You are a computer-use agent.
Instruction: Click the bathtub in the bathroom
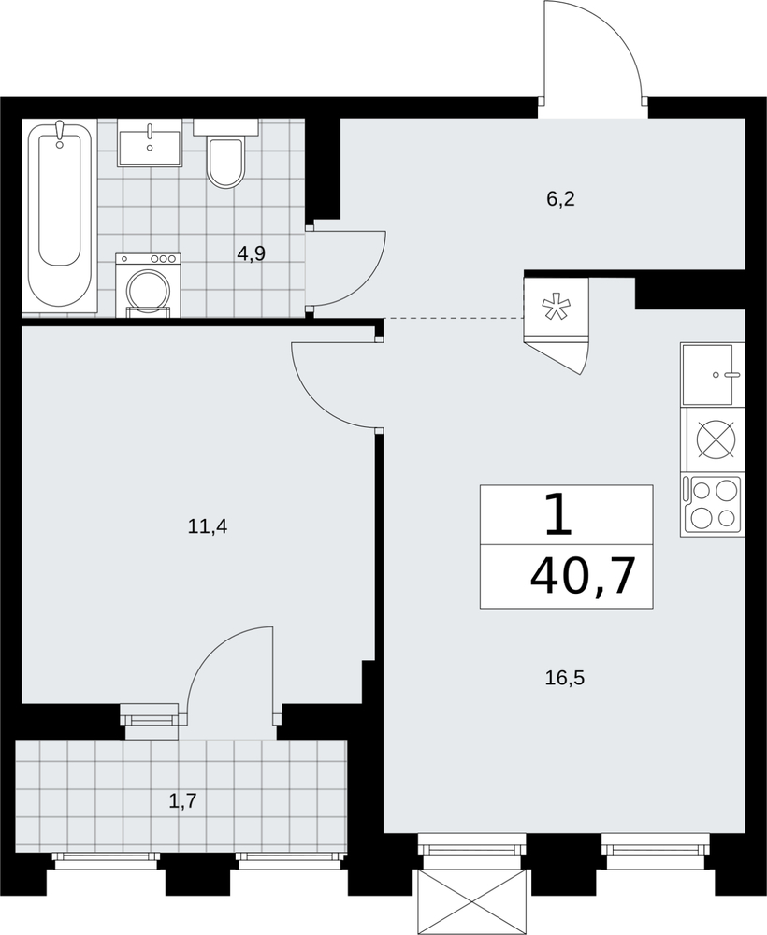59,215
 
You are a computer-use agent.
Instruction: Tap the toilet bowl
225,154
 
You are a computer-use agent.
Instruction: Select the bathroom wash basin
149,142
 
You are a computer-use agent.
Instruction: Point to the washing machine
148,284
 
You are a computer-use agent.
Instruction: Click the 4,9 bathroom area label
251,253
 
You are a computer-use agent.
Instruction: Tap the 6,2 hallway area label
560,198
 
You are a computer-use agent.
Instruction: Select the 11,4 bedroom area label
208,526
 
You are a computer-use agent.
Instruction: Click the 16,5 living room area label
564,678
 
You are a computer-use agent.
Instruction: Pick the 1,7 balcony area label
183,801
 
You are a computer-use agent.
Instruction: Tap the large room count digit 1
558,514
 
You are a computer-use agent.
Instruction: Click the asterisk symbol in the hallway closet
555,308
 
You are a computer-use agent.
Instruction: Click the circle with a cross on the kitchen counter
716,439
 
